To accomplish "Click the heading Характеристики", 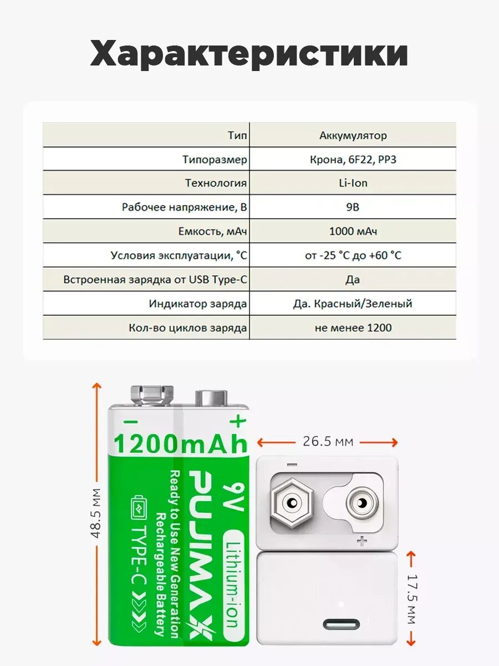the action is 249,54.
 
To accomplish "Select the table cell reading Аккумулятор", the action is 353,135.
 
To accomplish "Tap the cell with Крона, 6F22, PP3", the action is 353,159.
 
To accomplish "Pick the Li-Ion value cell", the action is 353,183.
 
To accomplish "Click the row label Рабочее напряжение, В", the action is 184,207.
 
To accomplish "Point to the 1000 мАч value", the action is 353,231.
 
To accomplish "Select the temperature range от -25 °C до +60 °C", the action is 353,255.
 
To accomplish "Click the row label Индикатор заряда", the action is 198,304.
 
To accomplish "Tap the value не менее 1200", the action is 353,327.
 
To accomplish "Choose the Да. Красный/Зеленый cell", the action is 353,304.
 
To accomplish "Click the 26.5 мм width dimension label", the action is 328,442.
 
